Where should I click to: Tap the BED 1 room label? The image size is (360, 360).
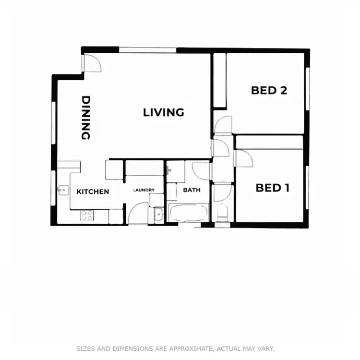point(272,188)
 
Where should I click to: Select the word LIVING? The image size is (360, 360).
point(164,112)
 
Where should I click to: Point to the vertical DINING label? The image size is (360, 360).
point(86,118)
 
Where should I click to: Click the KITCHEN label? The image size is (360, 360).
point(93,192)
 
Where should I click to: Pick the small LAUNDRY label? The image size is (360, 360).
point(144,190)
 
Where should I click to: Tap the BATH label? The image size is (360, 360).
point(192,190)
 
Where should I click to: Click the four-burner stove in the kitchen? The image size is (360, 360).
point(86,216)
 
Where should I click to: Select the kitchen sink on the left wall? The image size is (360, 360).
point(62,190)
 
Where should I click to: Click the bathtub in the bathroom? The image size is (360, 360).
point(188,212)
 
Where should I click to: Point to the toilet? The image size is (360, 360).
point(222,213)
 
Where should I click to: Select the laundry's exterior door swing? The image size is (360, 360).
point(138,213)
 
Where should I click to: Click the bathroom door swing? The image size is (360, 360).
point(201,171)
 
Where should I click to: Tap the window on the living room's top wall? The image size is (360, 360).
point(148,49)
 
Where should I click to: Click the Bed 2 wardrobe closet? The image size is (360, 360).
point(219,81)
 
